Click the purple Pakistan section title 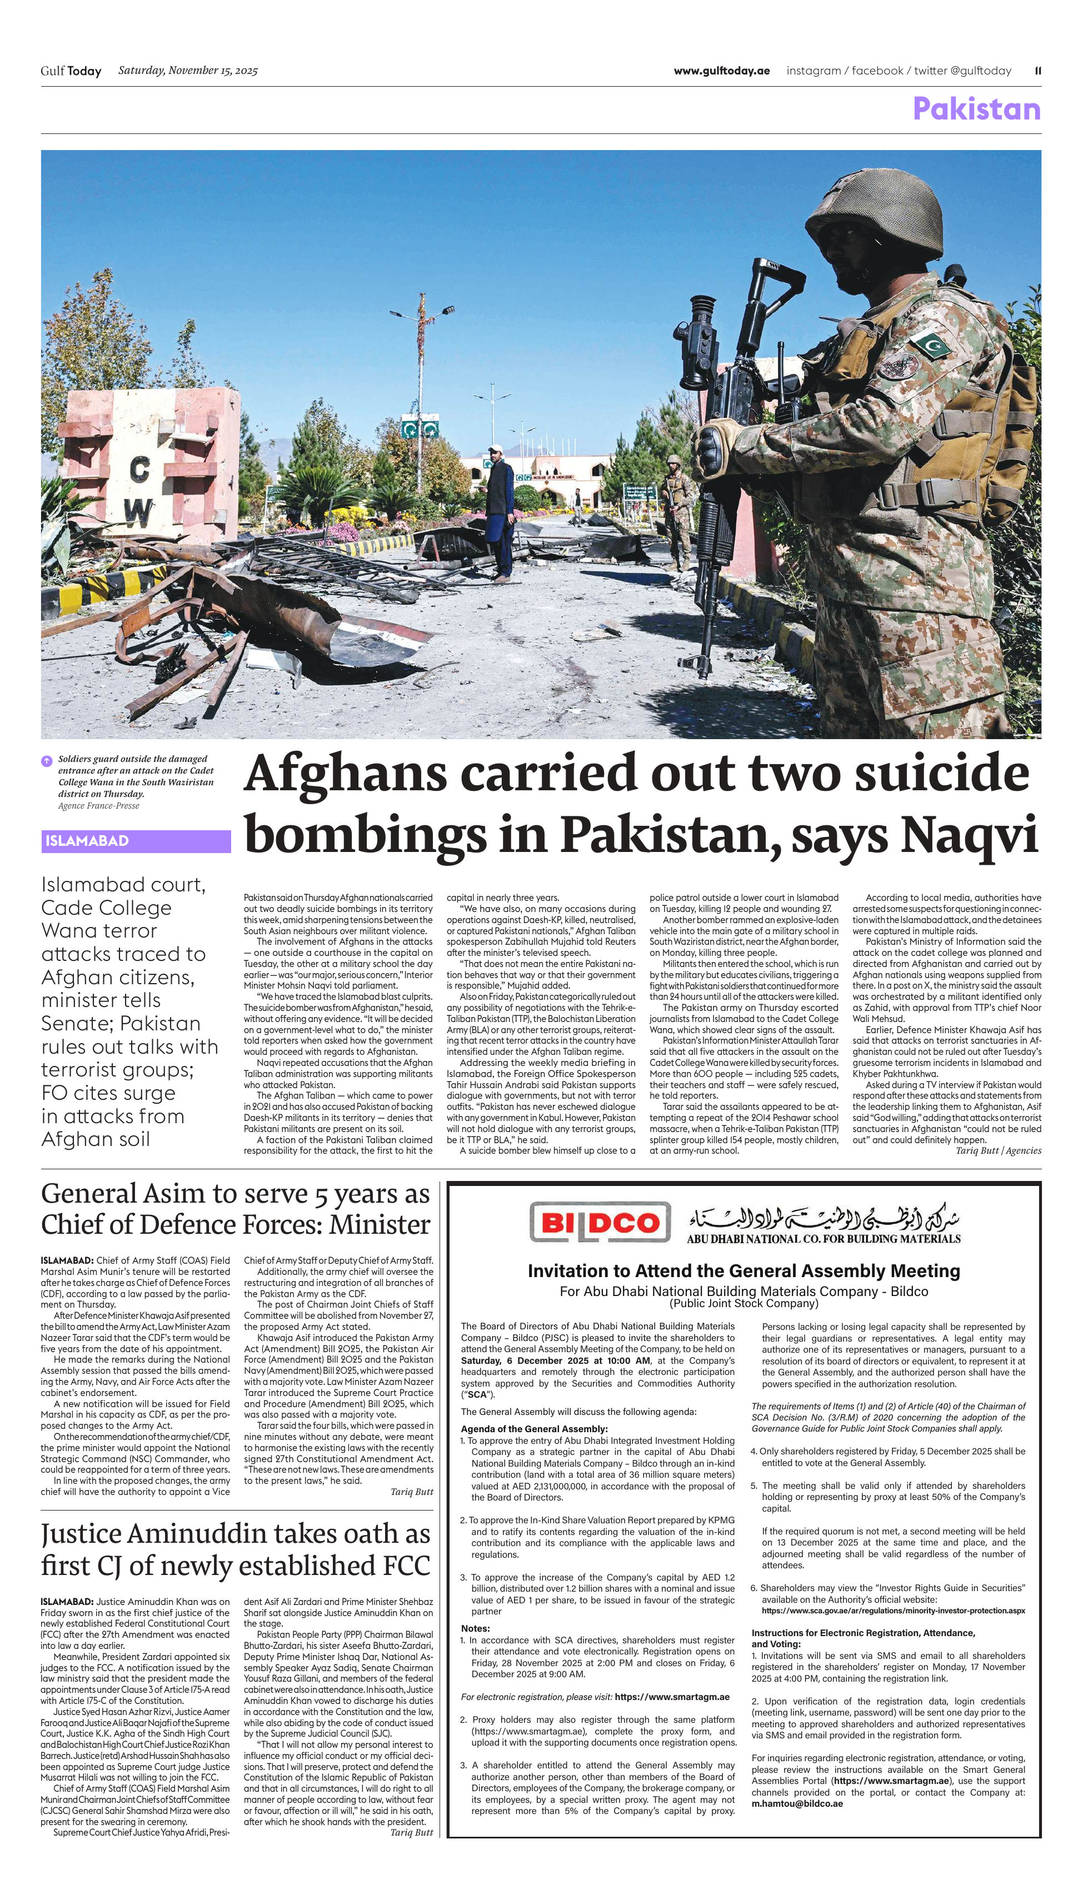pyautogui.click(x=976, y=109)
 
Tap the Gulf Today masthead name pyautogui.click(x=71, y=71)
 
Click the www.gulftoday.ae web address pyautogui.click(x=721, y=71)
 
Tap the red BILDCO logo pyautogui.click(x=600, y=1222)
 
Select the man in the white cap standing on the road pyautogui.click(x=499, y=512)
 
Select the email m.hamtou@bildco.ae pyautogui.click(x=797, y=1803)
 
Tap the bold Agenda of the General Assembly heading pyautogui.click(x=534, y=1429)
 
